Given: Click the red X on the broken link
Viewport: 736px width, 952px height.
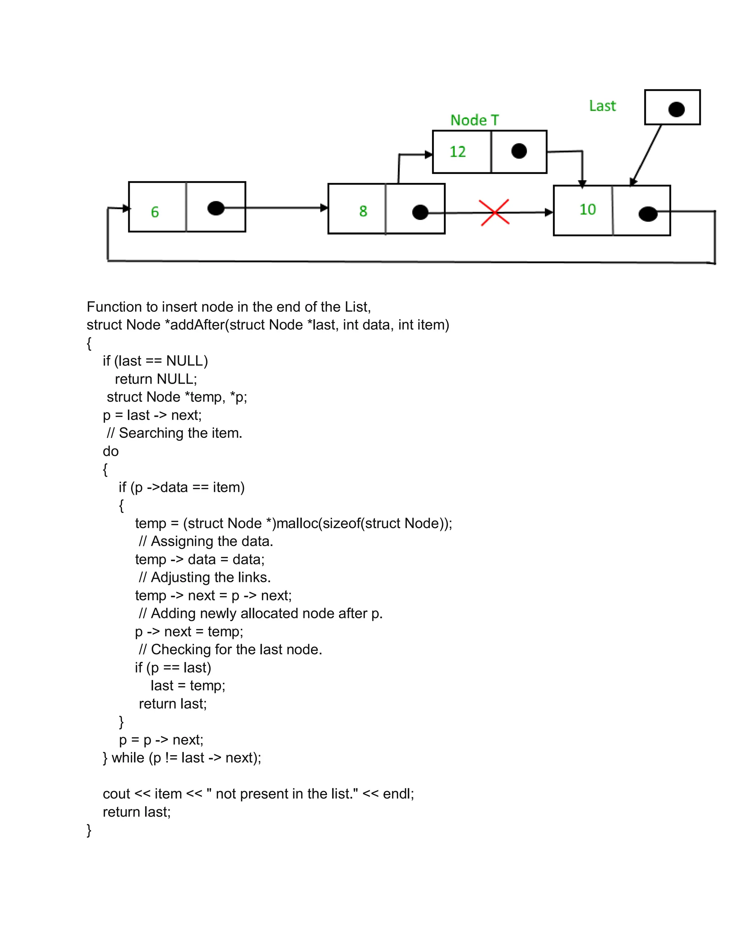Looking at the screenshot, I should pos(494,212).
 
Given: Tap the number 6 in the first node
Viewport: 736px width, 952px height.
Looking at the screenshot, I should pos(155,212).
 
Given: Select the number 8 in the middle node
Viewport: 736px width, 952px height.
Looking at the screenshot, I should pos(363,211).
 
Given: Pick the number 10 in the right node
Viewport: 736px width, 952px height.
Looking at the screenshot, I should pos(587,209).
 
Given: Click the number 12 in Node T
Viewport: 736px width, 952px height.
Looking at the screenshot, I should pos(457,152).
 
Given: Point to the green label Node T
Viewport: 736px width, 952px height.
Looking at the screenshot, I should pos(474,120).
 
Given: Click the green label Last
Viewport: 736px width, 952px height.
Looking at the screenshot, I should pos(602,106).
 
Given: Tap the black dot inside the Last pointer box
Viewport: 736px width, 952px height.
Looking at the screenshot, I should pos(676,110).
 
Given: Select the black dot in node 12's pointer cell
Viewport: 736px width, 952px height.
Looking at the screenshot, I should pos(519,151).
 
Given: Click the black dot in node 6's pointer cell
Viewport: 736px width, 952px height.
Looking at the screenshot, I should pos(216,208).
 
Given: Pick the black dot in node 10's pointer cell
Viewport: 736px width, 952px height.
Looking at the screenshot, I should pos(648,214).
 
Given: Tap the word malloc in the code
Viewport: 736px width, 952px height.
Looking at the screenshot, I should pos(297,523).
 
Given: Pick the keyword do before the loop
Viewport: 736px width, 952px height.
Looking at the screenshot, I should pos(111,451).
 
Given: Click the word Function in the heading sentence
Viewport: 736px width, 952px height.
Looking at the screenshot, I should pos(114,307).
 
